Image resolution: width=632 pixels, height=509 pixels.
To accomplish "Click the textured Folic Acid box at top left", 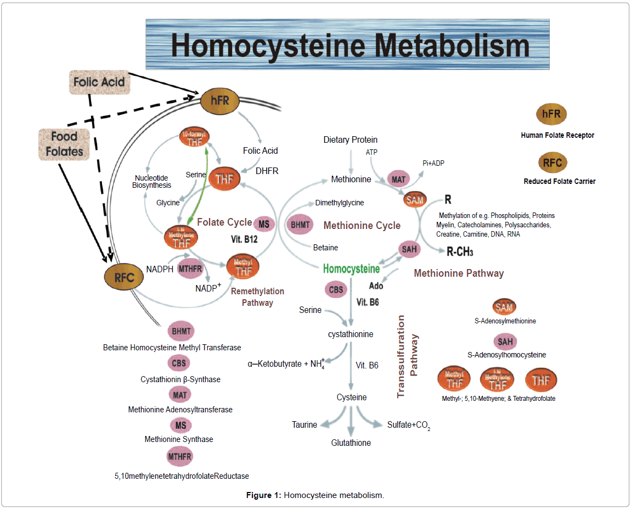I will (x=99, y=82).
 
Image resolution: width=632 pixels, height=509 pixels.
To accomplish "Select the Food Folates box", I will (x=64, y=144).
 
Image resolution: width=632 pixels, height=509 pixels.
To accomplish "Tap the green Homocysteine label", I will (x=351, y=269).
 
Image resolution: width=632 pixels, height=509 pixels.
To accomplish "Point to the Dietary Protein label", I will (x=350, y=140).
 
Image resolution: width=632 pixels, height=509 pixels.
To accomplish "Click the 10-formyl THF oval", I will (x=196, y=140).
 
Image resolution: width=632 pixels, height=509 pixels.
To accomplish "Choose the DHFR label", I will (x=267, y=171).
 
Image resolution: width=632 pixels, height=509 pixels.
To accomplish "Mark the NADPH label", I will (x=160, y=270).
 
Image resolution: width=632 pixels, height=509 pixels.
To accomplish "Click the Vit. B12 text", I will (x=244, y=240).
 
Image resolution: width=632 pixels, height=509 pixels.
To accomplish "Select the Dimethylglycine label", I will (x=339, y=203).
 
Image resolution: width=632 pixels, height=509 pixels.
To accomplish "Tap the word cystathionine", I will (x=351, y=334).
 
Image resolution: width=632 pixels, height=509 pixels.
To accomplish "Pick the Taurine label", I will (x=304, y=424).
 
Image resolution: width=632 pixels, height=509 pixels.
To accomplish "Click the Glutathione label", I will (x=351, y=443).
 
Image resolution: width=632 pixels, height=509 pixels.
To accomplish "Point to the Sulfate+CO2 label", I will (x=408, y=425).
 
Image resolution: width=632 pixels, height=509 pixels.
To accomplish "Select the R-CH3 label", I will (x=460, y=252).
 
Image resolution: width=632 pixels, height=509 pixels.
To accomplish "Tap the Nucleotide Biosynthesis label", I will (x=151, y=181).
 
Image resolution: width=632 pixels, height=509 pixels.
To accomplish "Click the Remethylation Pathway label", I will (x=257, y=297).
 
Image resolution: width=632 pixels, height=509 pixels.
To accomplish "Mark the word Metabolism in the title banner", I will (x=438, y=46).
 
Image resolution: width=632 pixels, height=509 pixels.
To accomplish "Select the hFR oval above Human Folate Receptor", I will (x=551, y=115).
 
